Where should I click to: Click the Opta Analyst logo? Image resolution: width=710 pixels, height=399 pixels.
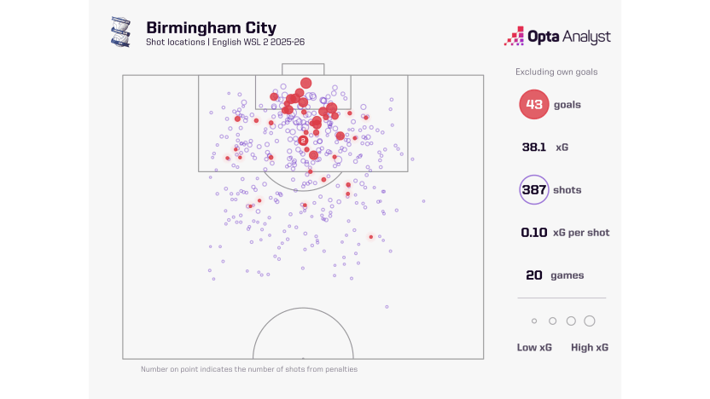[558, 37]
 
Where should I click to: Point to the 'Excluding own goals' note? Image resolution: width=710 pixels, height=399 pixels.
[556, 72]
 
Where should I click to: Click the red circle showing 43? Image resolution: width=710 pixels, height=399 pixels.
[533, 104]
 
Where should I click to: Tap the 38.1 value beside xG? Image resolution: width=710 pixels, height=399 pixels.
[534, 147]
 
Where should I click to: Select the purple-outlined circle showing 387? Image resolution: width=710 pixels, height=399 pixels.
[533, 189]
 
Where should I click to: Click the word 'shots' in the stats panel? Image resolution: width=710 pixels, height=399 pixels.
[567, 190]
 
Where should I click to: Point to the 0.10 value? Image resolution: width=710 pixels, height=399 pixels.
[534, 232]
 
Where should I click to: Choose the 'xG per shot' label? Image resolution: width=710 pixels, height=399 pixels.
[582, 232]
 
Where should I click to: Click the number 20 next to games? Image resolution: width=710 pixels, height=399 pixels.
[534, 275]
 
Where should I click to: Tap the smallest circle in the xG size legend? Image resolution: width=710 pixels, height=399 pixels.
[534, 321]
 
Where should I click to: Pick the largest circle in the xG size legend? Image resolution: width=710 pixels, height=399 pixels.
[589, 321]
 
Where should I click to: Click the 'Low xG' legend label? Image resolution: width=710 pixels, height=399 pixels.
[532, 347]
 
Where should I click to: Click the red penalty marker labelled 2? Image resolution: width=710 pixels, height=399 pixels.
[303, 141]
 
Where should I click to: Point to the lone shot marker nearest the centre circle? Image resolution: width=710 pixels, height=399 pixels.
[387, 306]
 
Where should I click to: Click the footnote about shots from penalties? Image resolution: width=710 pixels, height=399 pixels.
[249, 369]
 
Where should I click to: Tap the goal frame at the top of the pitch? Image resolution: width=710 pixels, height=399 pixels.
[303, 69]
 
